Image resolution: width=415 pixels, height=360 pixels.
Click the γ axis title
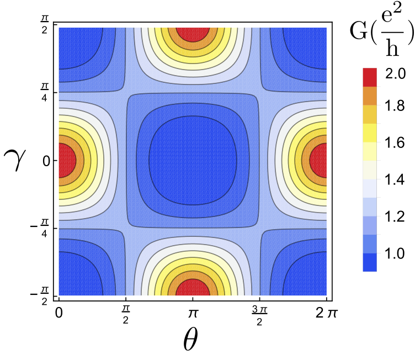coord(15,160)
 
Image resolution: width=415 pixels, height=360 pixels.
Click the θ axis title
coord(190,338)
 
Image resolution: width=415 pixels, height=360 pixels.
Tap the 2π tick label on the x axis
coord(327,314)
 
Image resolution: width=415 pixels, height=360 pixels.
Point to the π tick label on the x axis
coord(193,314)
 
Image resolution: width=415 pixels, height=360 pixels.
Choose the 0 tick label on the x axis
coord(58,313)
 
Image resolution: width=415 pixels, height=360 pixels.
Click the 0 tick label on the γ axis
coord(46,161)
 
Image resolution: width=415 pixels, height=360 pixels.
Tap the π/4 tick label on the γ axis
coord(44,92)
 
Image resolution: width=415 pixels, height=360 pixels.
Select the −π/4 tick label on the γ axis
coord(40,228)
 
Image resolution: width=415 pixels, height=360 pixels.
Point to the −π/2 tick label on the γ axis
coord(40,295)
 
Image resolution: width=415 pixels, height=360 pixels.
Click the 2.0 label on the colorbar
coord(395,73)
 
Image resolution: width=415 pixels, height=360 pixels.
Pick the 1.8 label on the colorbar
coord(395,105)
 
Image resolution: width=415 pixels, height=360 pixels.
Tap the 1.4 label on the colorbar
coord(395,179)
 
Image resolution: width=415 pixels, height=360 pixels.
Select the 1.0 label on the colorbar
coord(395,253)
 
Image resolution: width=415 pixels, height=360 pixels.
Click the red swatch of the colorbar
coord(370,77)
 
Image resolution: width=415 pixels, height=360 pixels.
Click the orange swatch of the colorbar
coord(370,96)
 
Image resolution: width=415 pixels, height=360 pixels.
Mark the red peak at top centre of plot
coord(193,34)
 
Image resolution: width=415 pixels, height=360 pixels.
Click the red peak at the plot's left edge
coord(67,161)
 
